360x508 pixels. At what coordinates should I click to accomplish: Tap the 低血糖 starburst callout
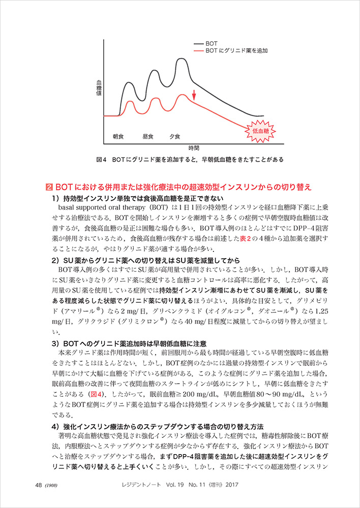pos(260,131)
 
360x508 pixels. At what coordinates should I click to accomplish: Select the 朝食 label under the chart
pos(118,137)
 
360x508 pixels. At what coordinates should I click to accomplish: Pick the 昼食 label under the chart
pos(148,137)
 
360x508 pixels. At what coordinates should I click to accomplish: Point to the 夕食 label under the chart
pos(175,137)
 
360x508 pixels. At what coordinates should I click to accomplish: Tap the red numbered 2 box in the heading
pos(49,187)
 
